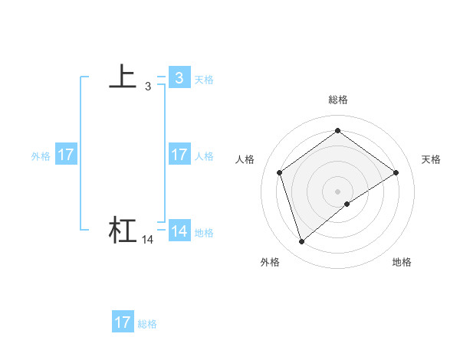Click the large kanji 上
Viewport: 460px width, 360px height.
coord(123,76)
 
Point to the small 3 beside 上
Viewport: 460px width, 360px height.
coord(147,87)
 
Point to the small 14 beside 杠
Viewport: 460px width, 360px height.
coord(147,240)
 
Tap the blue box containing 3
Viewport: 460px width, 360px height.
coord(179,77)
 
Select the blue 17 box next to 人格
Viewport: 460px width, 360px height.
coord(179,155)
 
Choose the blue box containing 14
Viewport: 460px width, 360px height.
coord(179,231)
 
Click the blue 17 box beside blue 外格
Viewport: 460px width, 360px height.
coord(65,155)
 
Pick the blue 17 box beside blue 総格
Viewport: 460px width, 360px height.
coord(123,322)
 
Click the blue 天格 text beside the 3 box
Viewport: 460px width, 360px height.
coord(204,80)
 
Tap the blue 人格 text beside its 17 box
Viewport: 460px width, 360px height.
coord(204,156)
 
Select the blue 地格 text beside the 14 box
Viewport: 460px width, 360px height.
coord(204,233)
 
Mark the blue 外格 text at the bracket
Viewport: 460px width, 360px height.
coord(41,156)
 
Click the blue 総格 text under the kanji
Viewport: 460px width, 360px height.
coord(147,324)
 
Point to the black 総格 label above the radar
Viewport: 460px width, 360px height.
coord(337,100)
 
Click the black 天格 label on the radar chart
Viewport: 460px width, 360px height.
coord(431,159)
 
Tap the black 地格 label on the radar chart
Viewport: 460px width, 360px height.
coord(402,262)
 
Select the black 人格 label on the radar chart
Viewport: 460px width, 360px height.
coord(245,159)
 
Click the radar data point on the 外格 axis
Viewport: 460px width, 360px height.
coord(301,242)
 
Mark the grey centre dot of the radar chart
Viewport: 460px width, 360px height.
coord(337,191)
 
